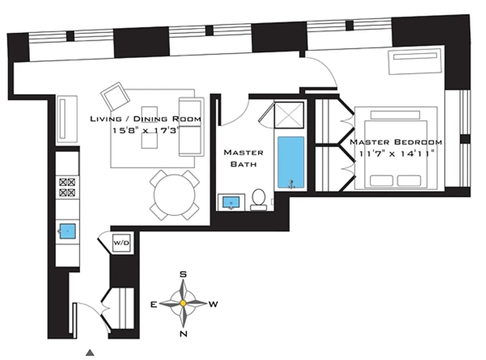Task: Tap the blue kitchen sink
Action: click(x=67, y=231)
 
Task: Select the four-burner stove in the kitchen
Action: click(x=67, y=188)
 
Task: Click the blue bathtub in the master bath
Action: click(x=291, y=162)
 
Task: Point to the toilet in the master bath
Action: click(x=259, y=200)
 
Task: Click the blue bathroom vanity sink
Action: click(x=232, y=202)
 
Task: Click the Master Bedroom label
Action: click(x=396, y=142)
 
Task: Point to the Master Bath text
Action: click(x=243, y=158)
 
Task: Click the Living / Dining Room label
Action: click(x=145, y=119)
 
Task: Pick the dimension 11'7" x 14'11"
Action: click(x=396, y=153)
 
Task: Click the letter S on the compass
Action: click(x=183, y=274)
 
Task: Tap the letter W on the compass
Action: click(x=213, y=304)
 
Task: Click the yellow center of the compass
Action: click(x=183, y=304)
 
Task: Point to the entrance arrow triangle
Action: click(x=91, y=352)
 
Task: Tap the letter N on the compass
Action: click(x=183, y=333)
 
